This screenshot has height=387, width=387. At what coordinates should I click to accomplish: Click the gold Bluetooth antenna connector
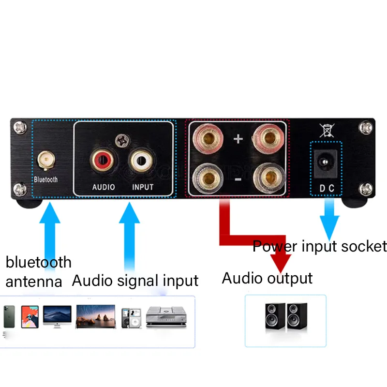coord(46,160)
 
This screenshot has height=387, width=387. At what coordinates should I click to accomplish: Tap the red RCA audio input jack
coord(102,161)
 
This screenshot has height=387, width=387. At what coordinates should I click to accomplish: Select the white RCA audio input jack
coord(141,161)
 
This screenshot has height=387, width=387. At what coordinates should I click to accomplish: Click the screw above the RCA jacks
coord(122,141)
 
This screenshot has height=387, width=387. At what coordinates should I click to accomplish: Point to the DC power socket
coord(326,163)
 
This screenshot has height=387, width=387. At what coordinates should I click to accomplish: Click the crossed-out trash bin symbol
coord(327,130)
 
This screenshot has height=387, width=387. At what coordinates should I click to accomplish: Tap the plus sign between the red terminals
coord(238,139)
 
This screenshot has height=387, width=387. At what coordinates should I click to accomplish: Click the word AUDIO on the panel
coord(104,187)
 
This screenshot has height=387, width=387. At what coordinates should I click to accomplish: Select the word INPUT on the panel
coord(143,187)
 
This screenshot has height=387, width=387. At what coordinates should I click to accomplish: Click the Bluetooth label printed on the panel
coord(46,179)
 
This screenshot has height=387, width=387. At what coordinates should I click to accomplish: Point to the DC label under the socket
coord(327,188)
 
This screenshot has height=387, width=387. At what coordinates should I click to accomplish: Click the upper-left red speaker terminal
coord(208,138)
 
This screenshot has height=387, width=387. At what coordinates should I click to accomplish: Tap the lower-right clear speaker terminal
coord(269,178)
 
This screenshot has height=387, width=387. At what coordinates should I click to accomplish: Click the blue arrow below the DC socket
coord(329,220)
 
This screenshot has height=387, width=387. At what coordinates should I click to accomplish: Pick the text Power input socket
coord(320,246)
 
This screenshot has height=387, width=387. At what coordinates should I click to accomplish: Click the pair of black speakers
coord(286,316)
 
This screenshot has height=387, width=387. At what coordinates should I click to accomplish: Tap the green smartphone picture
coord(9,317)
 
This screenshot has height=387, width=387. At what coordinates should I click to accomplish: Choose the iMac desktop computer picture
coord(57,317)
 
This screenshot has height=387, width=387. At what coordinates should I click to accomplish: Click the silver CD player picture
coord(166,317)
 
